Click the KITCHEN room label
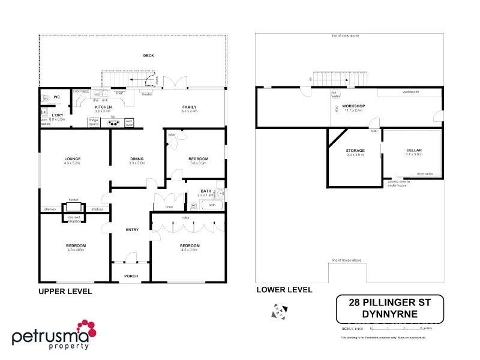point(103,107)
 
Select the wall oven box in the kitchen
point(129,123)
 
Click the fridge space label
point(94,122)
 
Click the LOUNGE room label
point(73,158)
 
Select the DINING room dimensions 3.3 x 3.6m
point(137,163)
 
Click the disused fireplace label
point(74,219)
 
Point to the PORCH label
point(131,276)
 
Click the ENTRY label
point(132,230)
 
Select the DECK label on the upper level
point(148,56)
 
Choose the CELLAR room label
point(414,150)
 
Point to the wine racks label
point(425,173)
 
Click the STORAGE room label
point(355,151)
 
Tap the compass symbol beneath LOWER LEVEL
point(280,311)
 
